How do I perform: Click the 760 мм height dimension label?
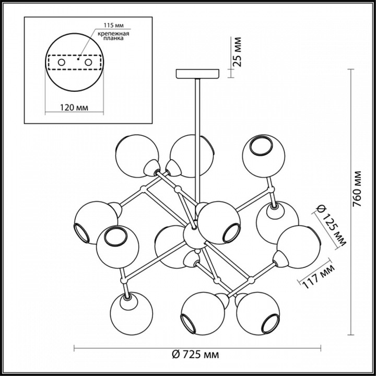358,189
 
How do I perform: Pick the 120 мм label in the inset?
74,107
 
